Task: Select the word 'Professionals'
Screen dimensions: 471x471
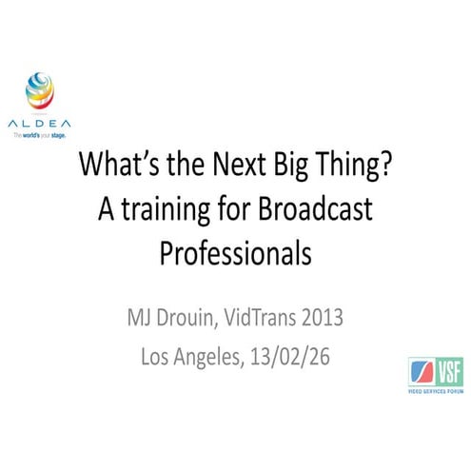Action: pyautogui.click(x=235, y=252)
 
